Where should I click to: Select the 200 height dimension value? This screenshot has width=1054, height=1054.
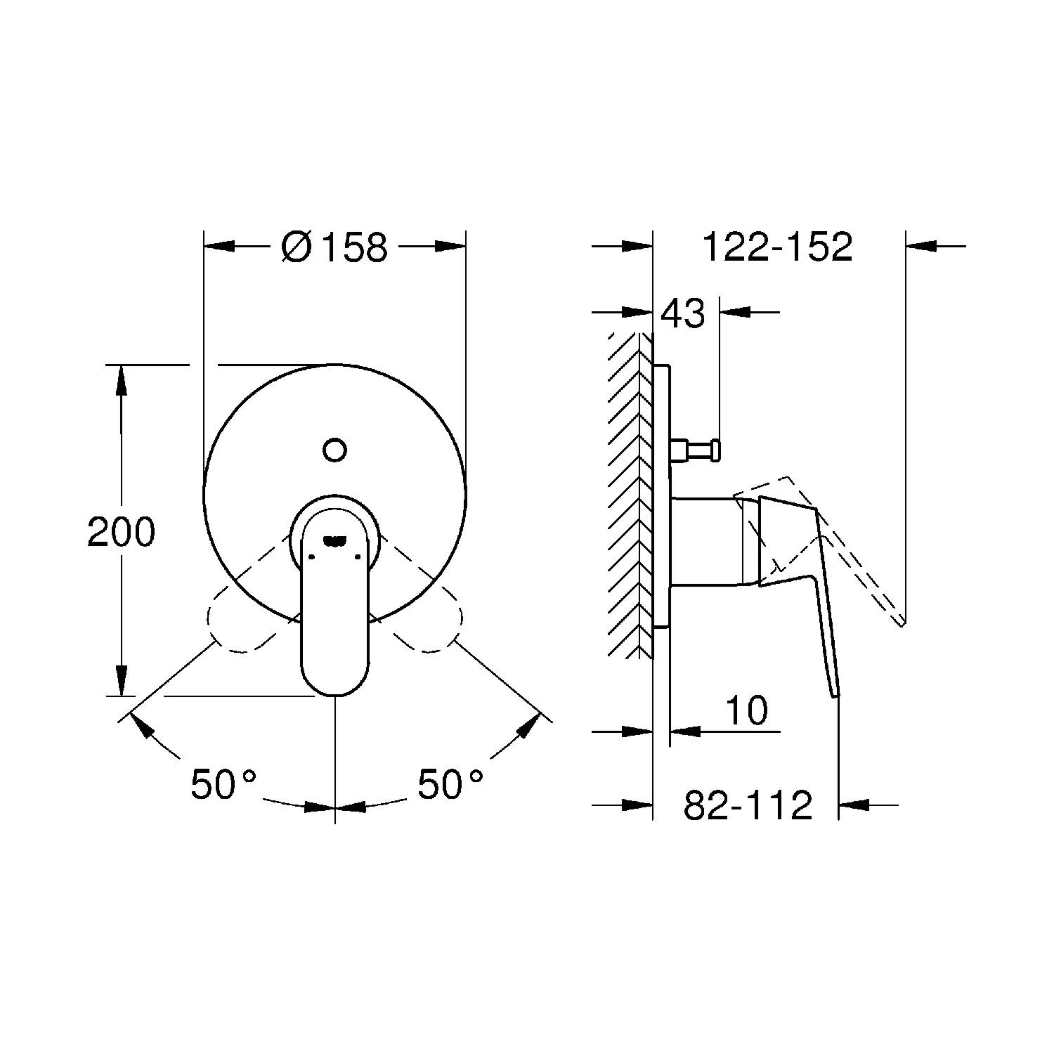(x=121, y=532)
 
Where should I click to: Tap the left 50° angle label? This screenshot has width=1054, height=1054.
(x=223, y=783)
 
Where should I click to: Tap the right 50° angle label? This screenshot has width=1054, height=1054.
(x=450, y=783)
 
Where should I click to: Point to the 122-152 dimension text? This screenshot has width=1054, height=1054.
(x=777, y=247)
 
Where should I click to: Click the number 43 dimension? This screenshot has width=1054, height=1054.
(x=683, y=313)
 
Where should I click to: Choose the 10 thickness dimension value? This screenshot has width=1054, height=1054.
(x=746, y=710)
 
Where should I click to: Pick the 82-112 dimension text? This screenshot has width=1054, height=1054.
(x=748, y=805)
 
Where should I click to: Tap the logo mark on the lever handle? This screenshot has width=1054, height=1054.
(x=334, y=540)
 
